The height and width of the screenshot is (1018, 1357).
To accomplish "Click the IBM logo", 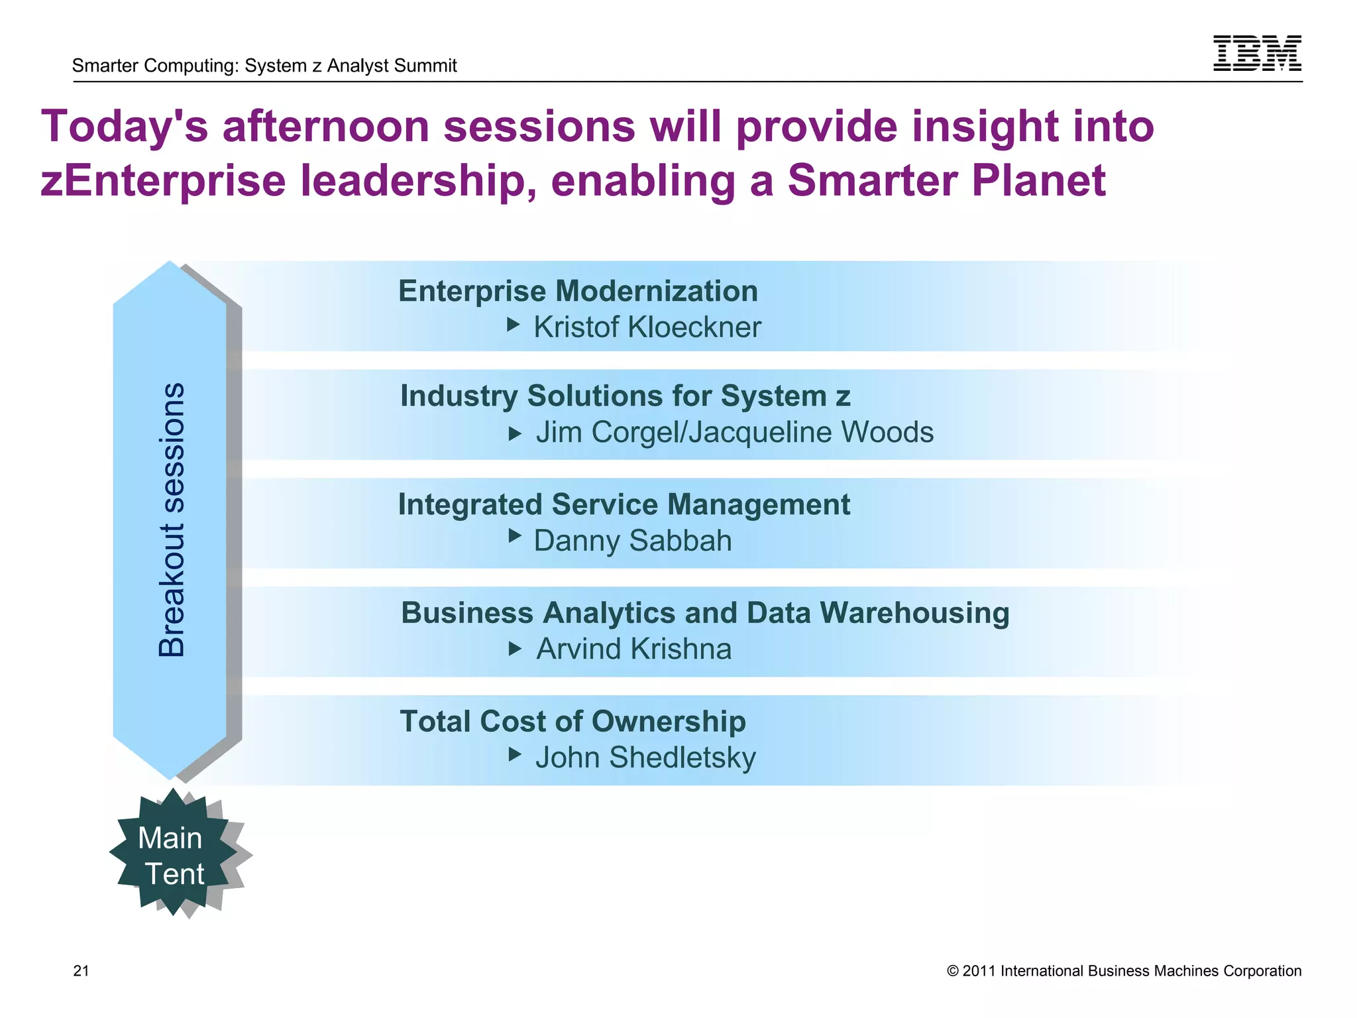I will pos(1256,53).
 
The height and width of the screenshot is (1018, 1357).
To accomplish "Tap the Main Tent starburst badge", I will pos(172,855).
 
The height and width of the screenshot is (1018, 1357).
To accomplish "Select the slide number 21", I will pos(81,971).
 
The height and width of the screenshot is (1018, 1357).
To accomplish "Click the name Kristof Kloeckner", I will pos(647,327).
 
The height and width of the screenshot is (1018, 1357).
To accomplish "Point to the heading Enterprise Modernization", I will pos(578,292).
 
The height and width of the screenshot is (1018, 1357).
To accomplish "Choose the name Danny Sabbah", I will pos(632,541).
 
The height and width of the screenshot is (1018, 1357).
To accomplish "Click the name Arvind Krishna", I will pos(633,649).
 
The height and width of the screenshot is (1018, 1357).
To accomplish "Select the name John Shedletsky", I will pos(645,758).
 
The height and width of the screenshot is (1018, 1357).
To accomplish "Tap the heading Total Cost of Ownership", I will pos(572,721).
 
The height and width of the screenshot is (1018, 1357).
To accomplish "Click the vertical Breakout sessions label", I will pos(172,520).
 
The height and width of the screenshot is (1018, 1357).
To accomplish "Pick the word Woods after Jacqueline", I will pos(887,432).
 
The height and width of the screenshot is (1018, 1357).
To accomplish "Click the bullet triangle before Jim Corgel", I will pos(515,434).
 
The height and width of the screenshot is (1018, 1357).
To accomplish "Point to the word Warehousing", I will pos(914,613).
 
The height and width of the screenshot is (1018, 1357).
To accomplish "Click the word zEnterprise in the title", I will pos(163,181).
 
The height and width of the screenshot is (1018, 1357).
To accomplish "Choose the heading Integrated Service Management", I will pos(624,504).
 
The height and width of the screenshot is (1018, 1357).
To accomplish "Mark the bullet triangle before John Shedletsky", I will pos(515,754).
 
